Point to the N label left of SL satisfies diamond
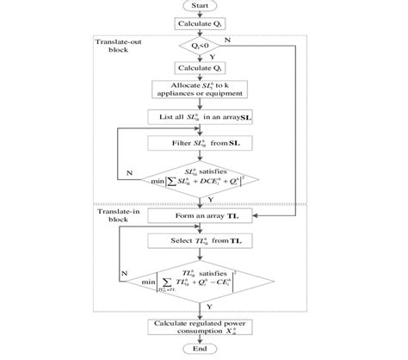click(129, 172)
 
